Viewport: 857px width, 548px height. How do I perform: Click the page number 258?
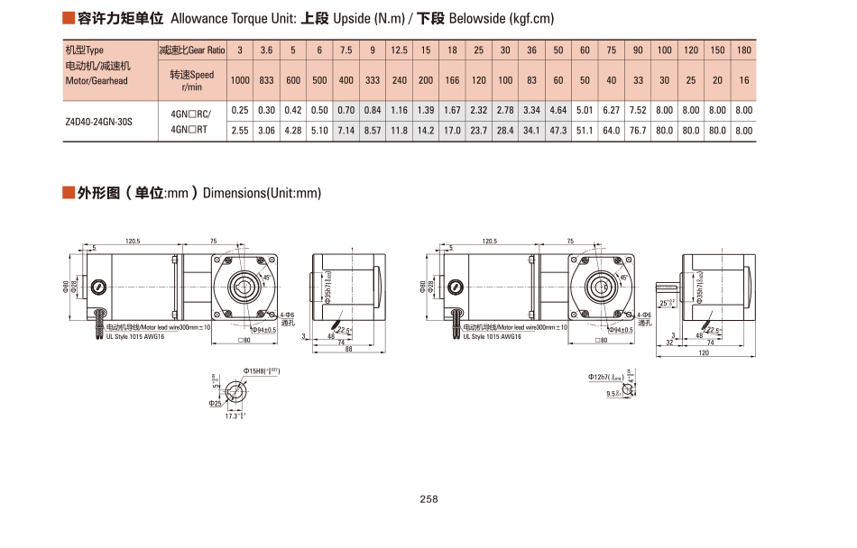(428, 499)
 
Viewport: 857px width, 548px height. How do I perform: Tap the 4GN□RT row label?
(189, 130)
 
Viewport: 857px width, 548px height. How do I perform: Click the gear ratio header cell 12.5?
(400, 50)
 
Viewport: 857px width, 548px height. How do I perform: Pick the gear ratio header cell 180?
(743, 50)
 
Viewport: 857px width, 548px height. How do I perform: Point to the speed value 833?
(267, 80)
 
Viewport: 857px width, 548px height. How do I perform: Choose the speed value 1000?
(240, 80)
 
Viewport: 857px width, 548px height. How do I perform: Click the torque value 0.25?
(240, 110)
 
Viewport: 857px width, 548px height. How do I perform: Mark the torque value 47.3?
(558, 131)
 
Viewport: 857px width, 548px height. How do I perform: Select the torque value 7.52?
(638, 110)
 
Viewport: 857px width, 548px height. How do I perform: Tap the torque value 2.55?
(240, 131)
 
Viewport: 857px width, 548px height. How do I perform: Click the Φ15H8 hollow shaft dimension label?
(261, 370)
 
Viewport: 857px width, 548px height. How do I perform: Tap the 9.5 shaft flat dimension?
(613, 394)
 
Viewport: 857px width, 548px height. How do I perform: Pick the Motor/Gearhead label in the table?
(97, 81)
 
